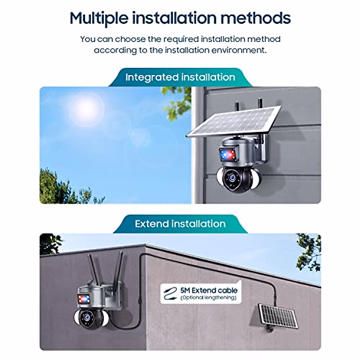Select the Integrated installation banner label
(x=180, y=77)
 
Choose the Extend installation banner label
(x=180, y=224)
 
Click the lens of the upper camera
(x=232, y=177)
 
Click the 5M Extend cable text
(x=209, y=290)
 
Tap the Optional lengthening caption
(x=208, y=298)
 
